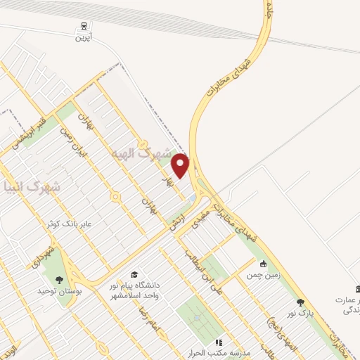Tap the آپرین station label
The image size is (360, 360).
coord(84,37)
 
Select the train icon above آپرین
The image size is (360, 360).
coord(84,25)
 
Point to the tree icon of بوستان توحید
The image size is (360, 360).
coord(68,281)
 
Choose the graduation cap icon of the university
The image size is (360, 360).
coord(134,275)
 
